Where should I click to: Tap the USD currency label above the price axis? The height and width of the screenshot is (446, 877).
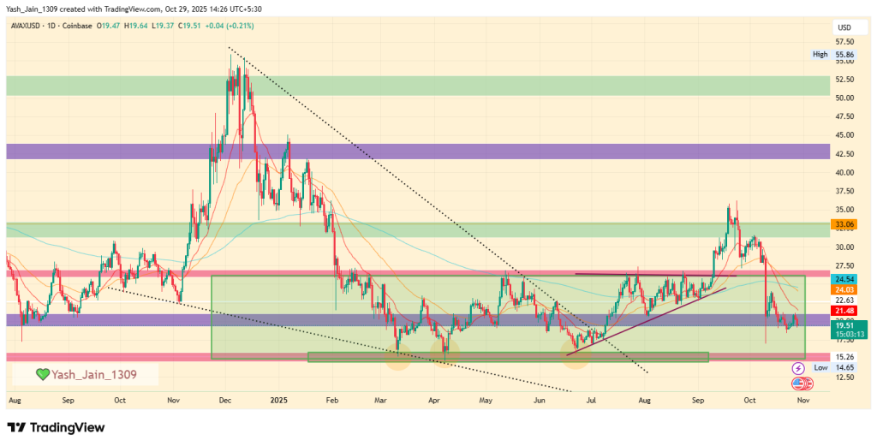(x=843, y=27)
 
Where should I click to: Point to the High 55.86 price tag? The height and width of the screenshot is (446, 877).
(x=832, y=54)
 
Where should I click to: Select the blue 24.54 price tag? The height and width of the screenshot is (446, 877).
(x=844, y=279)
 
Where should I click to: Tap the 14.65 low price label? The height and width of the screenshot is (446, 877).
(x=844, y=366)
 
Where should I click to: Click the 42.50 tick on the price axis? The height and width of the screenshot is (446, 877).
(x=844, y=154)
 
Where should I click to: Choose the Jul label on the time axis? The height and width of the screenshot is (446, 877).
(x=591, y=400)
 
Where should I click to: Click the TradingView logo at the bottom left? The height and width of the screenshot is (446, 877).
(x=56, y=427)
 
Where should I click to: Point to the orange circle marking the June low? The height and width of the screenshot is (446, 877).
(x=575, y=354)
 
